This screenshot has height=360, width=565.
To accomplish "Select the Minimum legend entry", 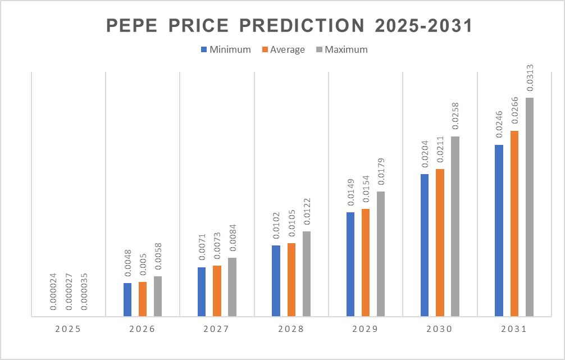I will (230, 49).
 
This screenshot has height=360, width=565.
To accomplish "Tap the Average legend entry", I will (287, 49).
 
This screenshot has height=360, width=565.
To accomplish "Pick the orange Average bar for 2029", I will (366, 262).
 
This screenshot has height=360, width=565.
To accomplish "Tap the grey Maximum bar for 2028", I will (307, 274).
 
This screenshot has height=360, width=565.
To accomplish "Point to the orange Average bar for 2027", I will (217, 291).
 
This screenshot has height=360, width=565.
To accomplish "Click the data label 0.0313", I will (530, 79).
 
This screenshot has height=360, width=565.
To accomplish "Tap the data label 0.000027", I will (69, 291).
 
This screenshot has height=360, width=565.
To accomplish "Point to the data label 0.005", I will (143, 268).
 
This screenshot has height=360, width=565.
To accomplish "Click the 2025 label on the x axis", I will (69, 330).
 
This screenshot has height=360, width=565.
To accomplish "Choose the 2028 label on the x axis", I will (291, 330).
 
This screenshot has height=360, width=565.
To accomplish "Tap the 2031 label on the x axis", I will (513, 330).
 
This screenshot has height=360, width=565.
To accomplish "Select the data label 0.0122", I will (307, 212).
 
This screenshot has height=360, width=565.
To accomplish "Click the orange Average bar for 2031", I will (514, 224).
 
